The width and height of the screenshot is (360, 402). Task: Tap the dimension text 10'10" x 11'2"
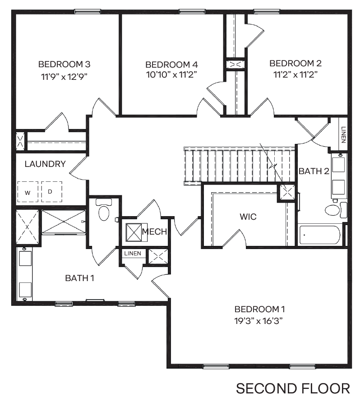(x=171, y=74)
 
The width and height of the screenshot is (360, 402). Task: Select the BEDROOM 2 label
(x=295, y=63)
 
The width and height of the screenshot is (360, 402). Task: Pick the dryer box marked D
(x=50, y=191)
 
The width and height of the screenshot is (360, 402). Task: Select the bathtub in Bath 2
(x=320, y=235)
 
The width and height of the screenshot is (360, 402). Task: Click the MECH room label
(x=154, y=232)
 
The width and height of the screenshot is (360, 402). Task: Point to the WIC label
(x=248, y=217)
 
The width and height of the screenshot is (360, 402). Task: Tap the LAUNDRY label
(x=45, y=164)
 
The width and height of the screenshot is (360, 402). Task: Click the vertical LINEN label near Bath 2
(x=343, y=135)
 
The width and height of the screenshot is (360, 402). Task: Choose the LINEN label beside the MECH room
(x=133, y=254)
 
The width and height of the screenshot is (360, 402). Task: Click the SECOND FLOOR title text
(x=293, y=388)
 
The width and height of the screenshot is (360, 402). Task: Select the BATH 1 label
(x=79, y=278)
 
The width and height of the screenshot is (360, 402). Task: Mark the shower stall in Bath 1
(x=63, y=222)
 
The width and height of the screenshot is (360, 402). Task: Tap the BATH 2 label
(x=314, y=171)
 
